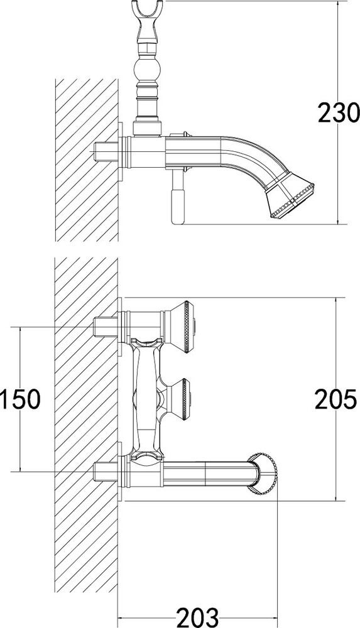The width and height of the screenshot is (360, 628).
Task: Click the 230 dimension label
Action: pos(337,112)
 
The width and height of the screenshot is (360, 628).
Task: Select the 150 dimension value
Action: pos(21,399)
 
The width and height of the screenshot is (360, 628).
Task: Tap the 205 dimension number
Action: pos(335,399)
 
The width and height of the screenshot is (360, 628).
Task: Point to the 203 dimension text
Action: pos(198,617)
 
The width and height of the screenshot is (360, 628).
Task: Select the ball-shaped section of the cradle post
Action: pos(148,70)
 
